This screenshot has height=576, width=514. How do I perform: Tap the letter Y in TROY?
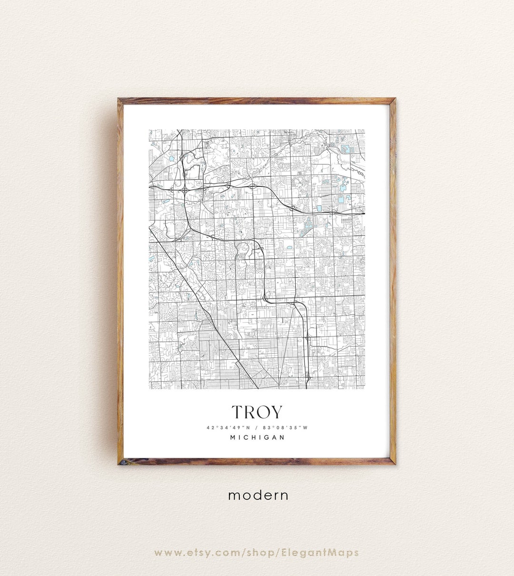276,412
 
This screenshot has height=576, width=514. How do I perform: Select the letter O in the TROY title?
263,412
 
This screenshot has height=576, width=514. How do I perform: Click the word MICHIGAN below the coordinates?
257,437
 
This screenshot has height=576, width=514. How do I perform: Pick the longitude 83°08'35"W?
287,427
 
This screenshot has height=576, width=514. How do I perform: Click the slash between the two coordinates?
257,427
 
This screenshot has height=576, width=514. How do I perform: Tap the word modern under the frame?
258,495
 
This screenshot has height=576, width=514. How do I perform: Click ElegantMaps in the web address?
326,553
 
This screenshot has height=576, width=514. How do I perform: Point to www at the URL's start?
166,553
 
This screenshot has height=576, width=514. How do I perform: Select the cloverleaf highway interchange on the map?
184,189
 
